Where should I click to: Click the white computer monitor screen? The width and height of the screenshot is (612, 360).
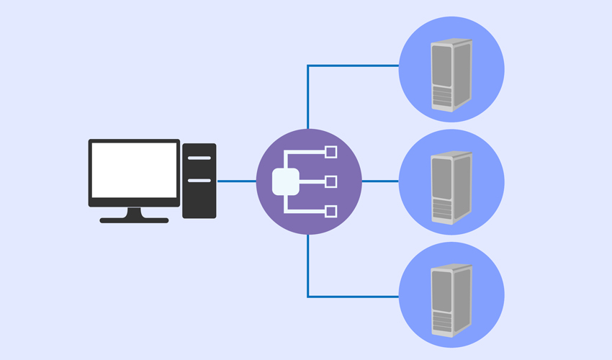click(134, 170)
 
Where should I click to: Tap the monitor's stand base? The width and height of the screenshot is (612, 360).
click(134, 220)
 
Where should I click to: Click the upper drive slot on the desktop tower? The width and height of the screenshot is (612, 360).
click(199, 158)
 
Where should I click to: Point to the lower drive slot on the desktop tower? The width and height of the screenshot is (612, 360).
click(199, 180)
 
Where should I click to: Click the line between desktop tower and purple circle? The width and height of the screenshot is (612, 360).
click(236, 181)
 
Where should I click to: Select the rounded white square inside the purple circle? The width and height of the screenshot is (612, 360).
click(286, 181)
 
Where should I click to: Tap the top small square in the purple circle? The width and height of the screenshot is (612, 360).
click(331, 152)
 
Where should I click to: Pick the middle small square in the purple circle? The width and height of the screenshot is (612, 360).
click(331, 181)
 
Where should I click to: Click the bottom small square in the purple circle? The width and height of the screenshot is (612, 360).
click(331, 211)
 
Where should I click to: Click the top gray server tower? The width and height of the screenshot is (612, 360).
click(451, 74)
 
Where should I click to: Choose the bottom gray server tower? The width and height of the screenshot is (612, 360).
click(451, 300)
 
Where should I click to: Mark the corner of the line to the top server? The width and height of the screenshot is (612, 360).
click(308, 66)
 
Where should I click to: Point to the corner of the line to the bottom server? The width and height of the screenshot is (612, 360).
click(308, 296)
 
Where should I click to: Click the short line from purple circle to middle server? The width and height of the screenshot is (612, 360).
click(379, 181)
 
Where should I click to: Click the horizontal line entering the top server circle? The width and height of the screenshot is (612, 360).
click(353, 66)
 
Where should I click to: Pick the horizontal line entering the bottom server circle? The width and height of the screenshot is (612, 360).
click(353, 296)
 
